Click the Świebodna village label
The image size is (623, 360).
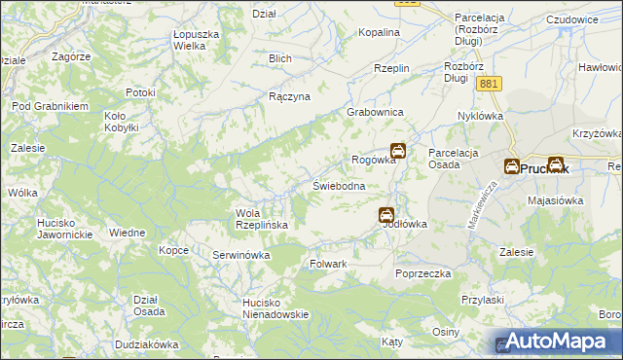[x=338, y=186]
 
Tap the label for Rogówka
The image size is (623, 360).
[x=372, y=161]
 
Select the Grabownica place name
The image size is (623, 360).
[x=376, y=113]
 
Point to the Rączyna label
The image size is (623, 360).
[x=289, y=97]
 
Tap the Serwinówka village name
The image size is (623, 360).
[x=240, y=255]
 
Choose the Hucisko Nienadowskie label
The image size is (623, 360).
[x=275, y=308]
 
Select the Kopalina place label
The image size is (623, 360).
[x=379, y=32]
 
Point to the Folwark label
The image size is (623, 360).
[x=328, y=264]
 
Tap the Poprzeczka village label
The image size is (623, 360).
[x=423, y=274]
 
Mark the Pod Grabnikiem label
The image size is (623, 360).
[x=50, y=106]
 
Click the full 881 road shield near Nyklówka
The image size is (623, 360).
[x=490, y=86]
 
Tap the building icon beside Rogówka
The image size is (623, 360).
[x=399, y=152]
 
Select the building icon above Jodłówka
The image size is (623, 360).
[x=386, y=214]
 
